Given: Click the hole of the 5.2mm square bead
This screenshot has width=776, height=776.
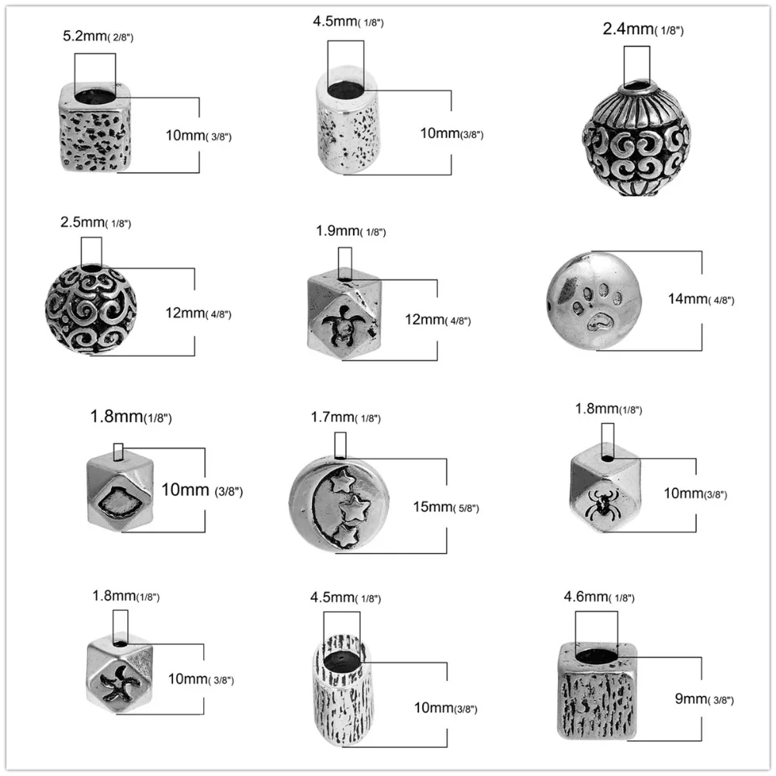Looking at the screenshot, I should click(95, 96).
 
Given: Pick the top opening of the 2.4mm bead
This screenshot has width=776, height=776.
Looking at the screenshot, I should click(637, 81).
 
